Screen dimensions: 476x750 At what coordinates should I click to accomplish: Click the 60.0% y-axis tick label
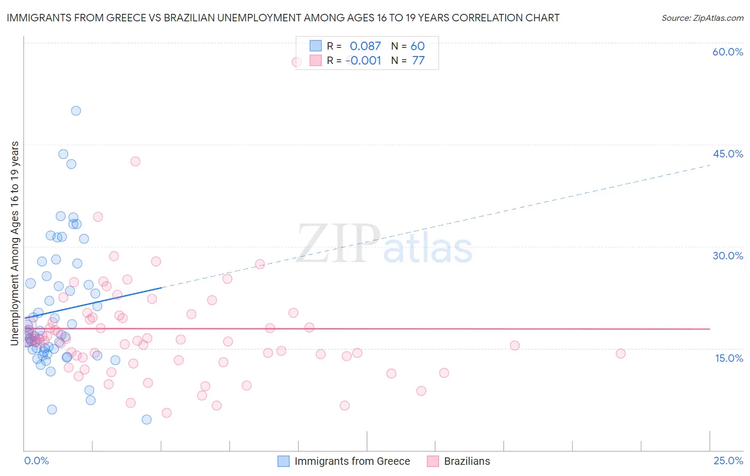(728, 52)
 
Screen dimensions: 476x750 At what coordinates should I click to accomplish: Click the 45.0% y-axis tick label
(728, 154)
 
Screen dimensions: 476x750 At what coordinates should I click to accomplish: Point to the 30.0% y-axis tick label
(728, 256)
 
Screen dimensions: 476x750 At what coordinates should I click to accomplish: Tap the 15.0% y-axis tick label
(729, 358)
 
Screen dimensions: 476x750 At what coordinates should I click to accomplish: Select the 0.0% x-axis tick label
(36, 461)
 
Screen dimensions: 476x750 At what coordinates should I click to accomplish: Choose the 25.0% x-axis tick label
(728, 461)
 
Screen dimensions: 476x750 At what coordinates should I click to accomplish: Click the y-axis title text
(14, 243)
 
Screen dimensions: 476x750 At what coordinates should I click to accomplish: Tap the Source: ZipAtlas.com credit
(702, 18)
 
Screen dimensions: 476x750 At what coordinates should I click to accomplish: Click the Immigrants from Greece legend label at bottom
(352, 461)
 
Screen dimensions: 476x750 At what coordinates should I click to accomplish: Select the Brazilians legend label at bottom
(467, 461)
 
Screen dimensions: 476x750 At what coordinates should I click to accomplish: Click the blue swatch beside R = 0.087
(315, 46)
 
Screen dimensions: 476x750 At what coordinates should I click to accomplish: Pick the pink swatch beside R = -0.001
(315, 60)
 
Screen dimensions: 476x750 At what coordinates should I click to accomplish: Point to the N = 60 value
(408, 46)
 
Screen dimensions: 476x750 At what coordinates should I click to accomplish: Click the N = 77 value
(408, 60)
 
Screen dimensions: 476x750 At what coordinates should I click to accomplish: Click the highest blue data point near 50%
(76, 110)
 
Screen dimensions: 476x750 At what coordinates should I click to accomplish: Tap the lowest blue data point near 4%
(147, 419)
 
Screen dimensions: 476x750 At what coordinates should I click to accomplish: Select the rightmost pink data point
(620, 353)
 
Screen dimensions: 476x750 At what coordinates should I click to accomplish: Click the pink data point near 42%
(135, 161)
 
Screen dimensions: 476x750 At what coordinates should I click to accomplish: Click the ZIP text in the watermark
(338, 243)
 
